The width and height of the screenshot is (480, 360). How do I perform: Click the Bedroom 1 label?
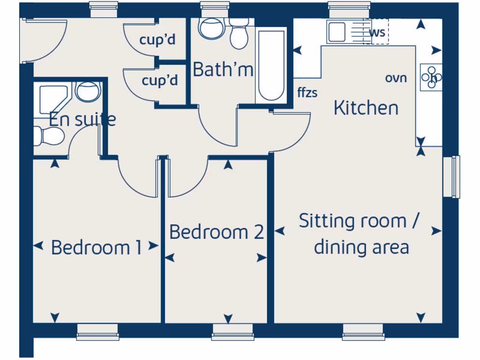(x=96, y=247)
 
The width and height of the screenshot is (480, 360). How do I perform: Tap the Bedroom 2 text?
(x=216, y=232)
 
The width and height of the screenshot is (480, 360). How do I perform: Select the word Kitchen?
(x=366, y=108)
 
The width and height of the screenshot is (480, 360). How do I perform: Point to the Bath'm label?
(x=223, y=70)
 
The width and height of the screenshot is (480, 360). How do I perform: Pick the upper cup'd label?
(x=157, y=39)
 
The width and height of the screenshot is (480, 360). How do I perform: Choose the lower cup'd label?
(x=160, y=81)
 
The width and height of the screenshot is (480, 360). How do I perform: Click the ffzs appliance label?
(x=307, y=92)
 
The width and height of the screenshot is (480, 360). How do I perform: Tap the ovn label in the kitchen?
(x=396, y=78)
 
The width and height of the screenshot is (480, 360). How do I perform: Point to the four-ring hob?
(x=431, y=76)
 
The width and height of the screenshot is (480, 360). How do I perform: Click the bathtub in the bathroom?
(x=271, y=65)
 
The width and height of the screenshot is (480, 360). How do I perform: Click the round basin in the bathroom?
(x=210, y=28)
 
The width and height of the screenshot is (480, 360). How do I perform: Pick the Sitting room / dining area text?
(x=360, y=233)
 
